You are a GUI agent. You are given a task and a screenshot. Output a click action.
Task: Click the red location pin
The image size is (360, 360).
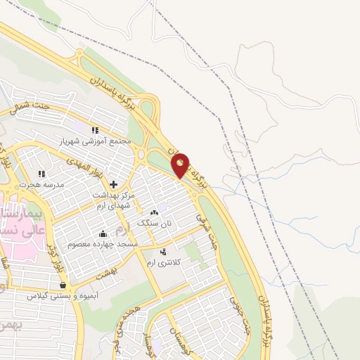pyautogui.click(x=181, y=167)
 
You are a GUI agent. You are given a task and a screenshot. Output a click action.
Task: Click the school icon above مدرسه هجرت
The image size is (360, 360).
pyautogui.click(x=41, y=173)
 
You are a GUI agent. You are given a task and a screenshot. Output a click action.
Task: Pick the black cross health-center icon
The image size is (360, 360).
pyautogui.click(x=113, y=184)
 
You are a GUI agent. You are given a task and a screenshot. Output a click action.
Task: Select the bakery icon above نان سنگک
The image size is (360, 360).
pyautogui.click(x=154, y=212)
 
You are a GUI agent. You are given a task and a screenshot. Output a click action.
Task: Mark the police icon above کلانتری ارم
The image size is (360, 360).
pyautogui.click(x=163, y=252)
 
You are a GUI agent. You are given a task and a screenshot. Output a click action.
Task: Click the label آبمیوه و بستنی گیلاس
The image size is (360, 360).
pyautogui.click(x=59, y=296)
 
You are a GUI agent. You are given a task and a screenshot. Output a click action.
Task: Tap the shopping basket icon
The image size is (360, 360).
pyautogui.click(x=64, y=285)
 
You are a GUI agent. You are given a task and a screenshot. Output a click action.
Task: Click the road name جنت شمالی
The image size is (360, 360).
pyautogui.click(x=30, y=107)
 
